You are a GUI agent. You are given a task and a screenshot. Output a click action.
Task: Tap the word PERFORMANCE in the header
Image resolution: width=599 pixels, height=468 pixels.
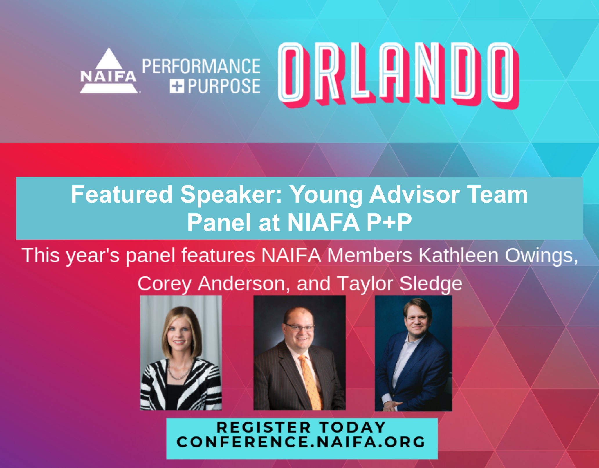(x=201, y=66)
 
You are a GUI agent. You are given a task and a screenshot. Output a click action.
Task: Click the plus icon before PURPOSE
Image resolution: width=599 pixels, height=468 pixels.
(x=177, y=86)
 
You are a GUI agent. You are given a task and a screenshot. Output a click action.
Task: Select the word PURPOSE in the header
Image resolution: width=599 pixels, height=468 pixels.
(x=224, y=86)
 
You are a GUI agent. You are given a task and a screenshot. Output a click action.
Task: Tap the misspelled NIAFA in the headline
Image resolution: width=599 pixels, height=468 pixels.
(x=324, y=222)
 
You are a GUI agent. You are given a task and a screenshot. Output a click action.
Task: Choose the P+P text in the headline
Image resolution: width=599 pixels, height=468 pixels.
(x=389, y=222)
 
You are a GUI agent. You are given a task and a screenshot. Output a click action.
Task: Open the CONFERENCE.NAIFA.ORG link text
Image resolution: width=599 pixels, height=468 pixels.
(x=301, y=442)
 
